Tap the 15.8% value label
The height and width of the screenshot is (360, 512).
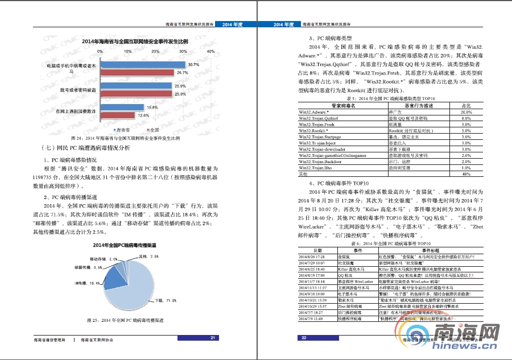click(x=152, y=107)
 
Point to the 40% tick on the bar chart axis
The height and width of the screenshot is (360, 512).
click(x=211, y=51)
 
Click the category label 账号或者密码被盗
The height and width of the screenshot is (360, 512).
click(x=78, y=90)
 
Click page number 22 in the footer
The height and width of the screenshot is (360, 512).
click(x=304, y=338)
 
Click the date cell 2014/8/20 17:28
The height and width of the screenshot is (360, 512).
click(x=311, y=257)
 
